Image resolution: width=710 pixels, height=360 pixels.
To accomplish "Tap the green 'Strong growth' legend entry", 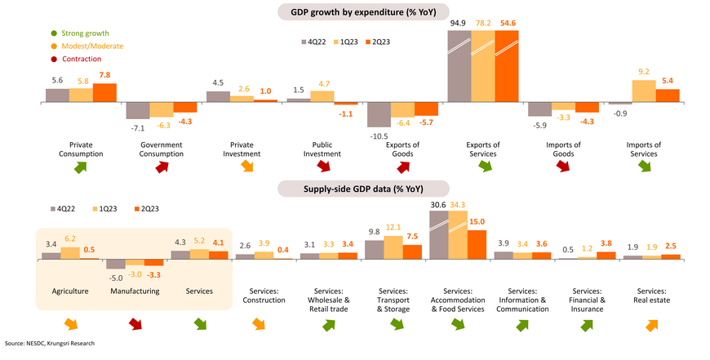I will tap(78, 33).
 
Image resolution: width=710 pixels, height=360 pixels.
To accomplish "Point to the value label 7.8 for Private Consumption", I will tap(104, 75).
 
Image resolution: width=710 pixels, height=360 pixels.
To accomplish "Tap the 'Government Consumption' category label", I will tap(162, 149).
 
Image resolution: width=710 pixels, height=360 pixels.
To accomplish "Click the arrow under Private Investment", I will tap(242, 167).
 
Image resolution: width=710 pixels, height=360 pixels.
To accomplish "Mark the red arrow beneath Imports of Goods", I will tap(562, 167).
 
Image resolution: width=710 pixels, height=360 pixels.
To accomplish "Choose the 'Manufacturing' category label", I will tap(134, 291).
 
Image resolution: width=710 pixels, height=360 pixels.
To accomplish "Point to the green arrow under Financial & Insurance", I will tap(586, 325).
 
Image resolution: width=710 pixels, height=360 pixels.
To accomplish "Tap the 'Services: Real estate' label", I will tap(651, 296).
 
